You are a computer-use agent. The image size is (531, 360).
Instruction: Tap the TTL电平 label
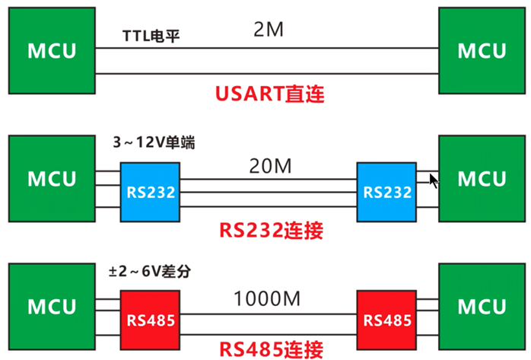[x=151, y=36]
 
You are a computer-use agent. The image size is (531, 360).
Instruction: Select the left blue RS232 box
[x=150, y=192]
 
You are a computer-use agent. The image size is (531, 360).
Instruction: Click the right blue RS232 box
[x=388, y=192]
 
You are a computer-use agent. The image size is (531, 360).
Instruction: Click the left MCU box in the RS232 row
[x=52, y=179]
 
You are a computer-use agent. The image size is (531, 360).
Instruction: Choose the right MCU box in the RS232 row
[x=481, y=179]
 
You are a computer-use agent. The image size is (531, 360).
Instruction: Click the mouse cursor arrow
[x=434, y=180]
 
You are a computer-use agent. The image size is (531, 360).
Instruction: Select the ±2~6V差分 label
[x=154, y=270]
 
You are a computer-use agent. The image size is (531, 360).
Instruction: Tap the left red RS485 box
[x=150, y=320]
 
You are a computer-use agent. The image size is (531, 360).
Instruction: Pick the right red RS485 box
[x=388, y=320]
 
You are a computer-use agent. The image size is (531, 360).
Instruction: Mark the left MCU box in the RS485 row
[x=52, y=307]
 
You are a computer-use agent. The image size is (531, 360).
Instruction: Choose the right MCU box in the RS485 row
[x=481, y=307]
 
